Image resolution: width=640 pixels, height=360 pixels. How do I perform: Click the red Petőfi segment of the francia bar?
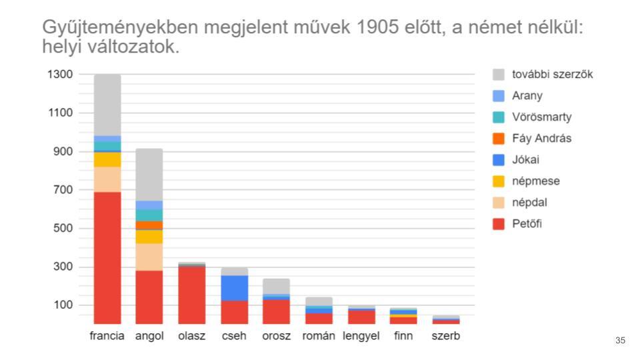coord(107,257)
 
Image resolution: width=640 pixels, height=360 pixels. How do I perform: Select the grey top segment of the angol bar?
coord(149,174)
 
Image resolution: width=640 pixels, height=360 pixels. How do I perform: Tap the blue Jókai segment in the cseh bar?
coord(235,288)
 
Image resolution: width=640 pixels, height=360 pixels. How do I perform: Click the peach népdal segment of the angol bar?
coord(149,257)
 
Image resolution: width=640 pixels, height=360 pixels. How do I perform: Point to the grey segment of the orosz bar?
coord(276,285)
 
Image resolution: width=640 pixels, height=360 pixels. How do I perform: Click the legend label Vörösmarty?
coord(541,117)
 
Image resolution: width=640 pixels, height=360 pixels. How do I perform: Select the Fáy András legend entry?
coord(541,138)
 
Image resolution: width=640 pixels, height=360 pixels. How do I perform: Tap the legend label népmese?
coord(535,181)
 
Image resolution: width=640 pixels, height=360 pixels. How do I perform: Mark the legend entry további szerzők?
coord(552,74)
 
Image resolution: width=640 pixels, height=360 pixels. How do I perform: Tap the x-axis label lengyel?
coord(361,336)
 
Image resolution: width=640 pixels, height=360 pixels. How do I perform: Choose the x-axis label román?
coord(319,336)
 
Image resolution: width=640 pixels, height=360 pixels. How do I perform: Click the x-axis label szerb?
coord(445,336)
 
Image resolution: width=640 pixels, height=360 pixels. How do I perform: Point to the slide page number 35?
coord(620,341)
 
